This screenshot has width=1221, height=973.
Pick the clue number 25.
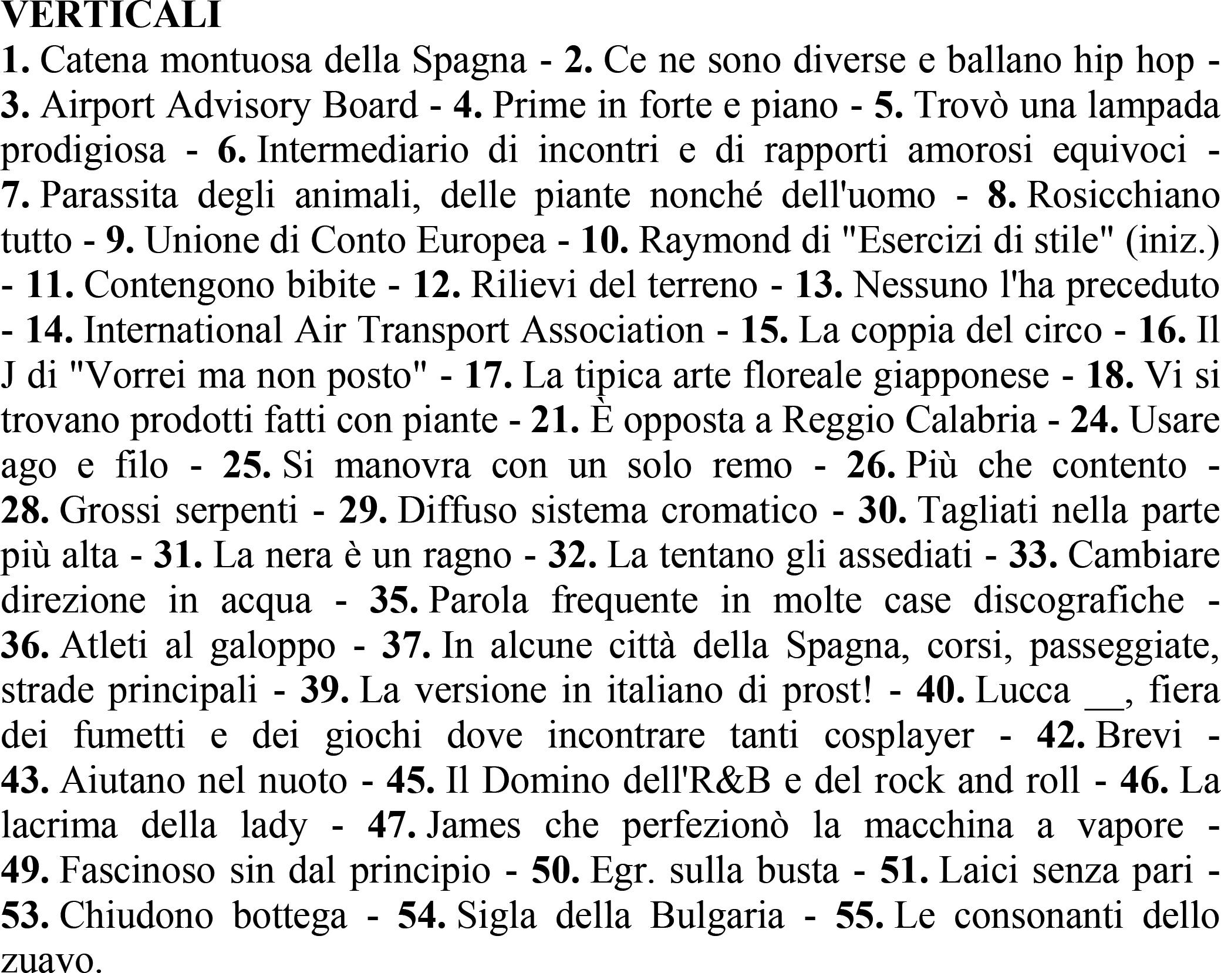click(x=247, y=466)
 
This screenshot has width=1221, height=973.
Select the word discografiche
click(x=1078, y=601)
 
